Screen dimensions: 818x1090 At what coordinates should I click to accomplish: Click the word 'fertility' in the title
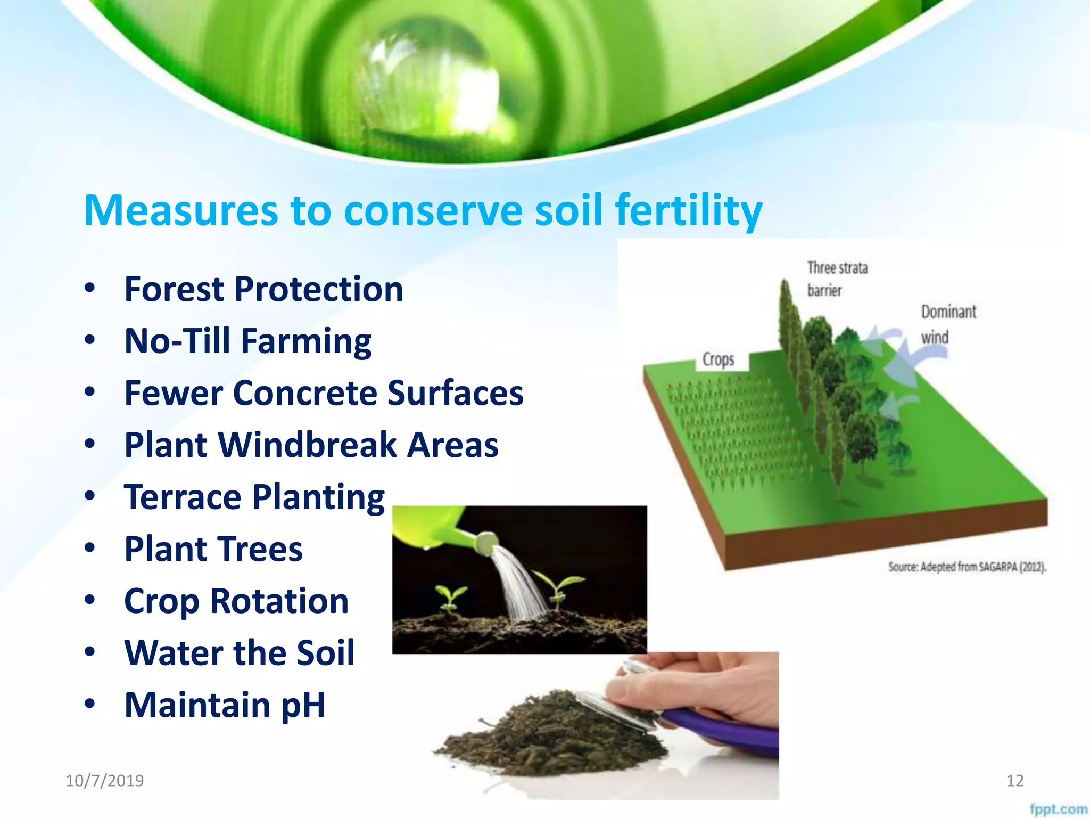[689, 210]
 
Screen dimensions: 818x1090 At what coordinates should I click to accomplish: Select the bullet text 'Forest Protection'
[263, 289]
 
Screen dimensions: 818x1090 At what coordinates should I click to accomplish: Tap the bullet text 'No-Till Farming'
[247, 341]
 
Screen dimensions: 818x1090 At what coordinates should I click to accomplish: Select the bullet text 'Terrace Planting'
[254, 497]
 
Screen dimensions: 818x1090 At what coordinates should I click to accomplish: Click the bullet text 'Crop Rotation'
[236, 601]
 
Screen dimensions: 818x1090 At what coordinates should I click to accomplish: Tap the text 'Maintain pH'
[224, 705]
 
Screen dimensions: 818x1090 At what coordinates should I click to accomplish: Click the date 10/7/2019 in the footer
[104, 781]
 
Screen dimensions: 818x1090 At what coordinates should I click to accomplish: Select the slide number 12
[1015, 781]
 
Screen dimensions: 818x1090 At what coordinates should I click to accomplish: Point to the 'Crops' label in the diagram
[718, 359]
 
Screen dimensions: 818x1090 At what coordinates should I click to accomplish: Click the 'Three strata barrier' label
[837, 279]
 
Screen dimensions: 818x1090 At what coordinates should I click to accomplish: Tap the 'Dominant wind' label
[948, 324]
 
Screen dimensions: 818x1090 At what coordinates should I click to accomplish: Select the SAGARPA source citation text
[967, 567]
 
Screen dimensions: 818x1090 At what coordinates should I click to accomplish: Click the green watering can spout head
[486, 543]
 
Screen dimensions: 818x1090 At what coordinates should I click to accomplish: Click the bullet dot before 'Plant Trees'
[90, 548]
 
